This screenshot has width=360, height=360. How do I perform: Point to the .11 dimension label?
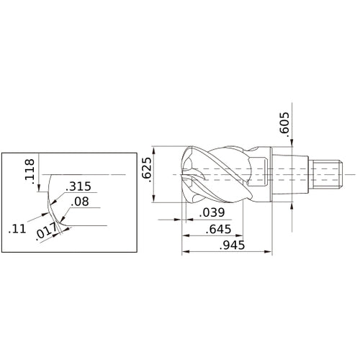(17, 231)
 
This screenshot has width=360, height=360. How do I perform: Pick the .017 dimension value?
(46, 232)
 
